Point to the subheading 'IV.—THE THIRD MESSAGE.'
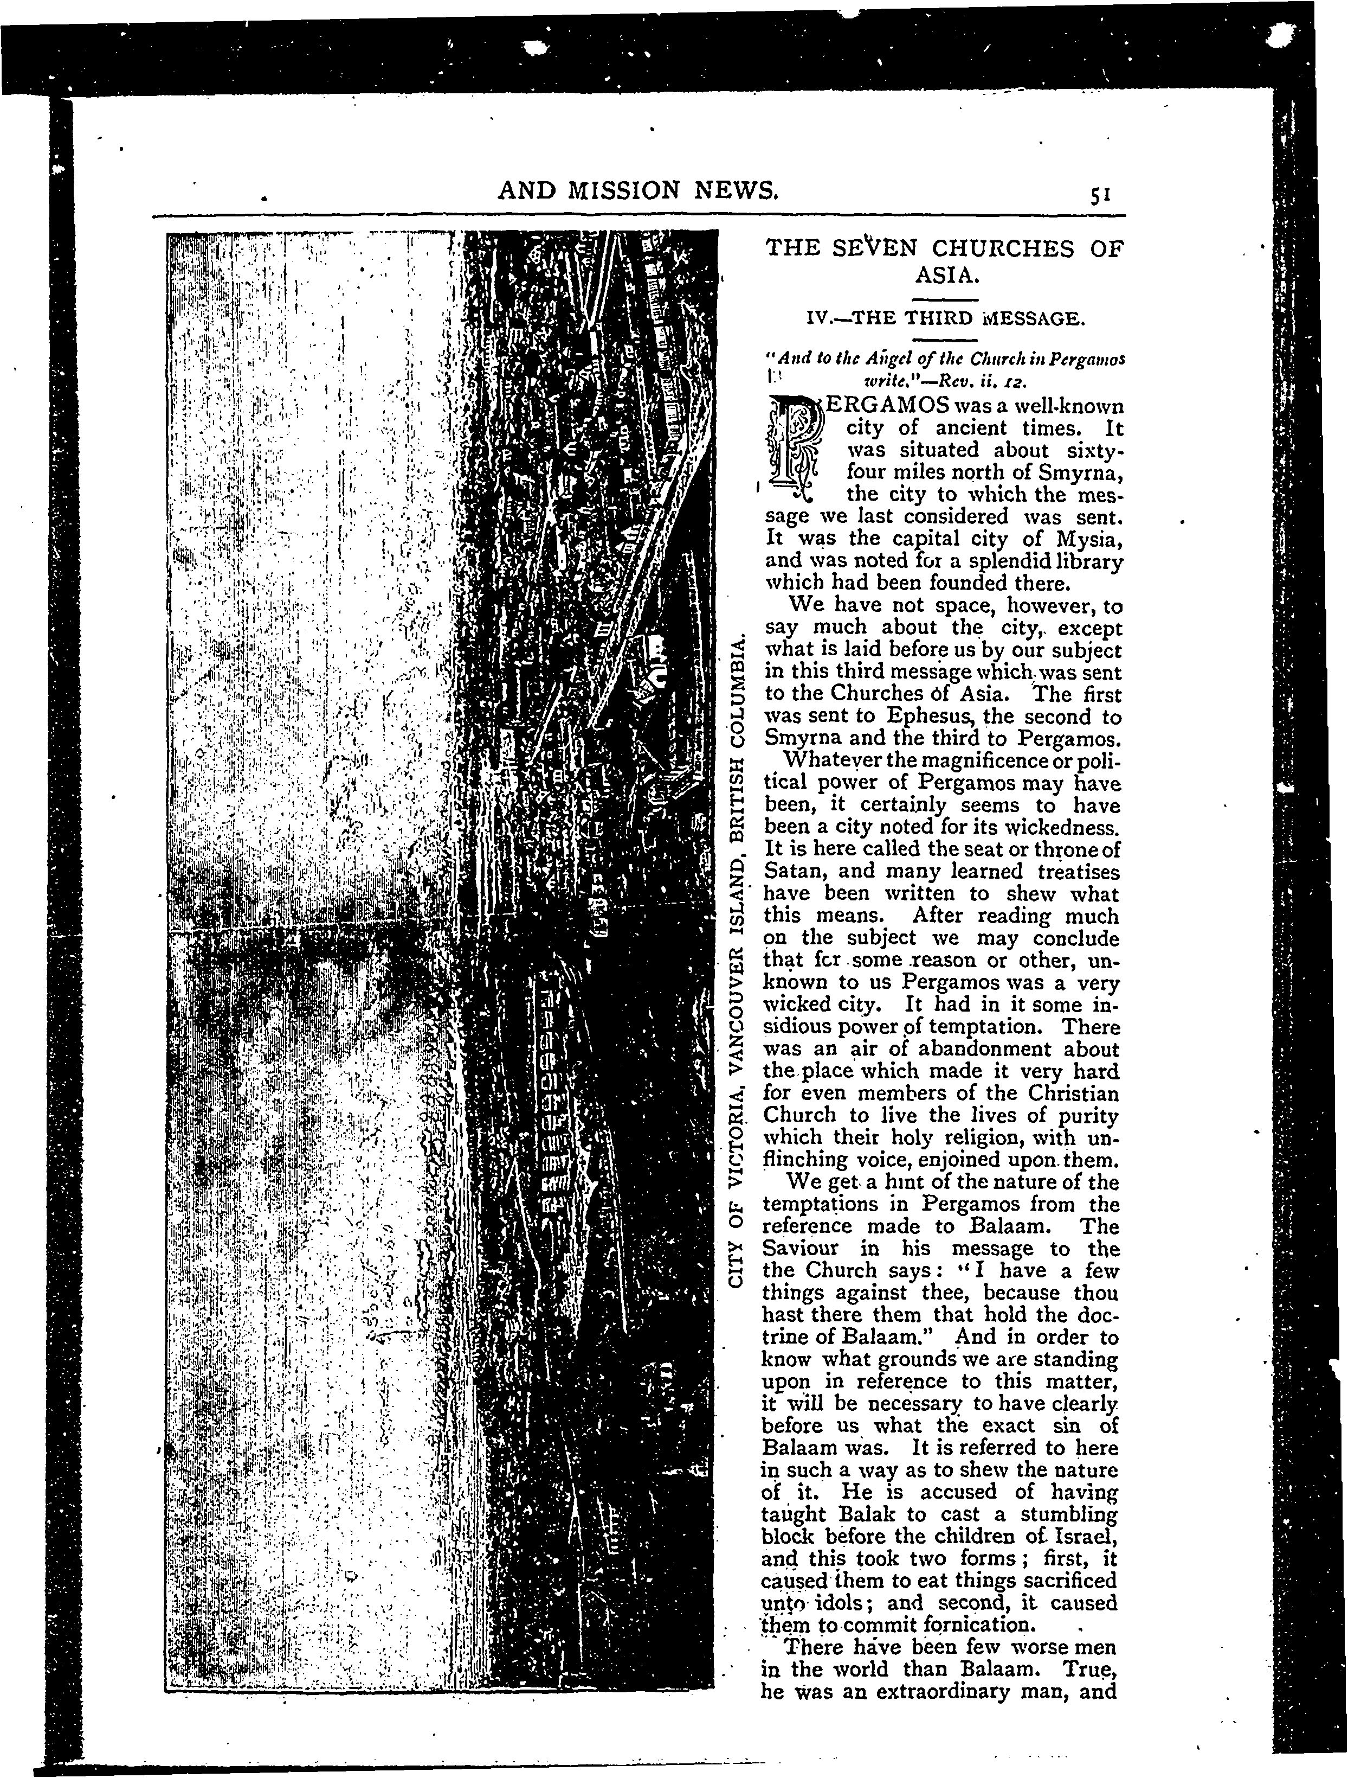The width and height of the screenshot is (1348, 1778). [x=945, y=319]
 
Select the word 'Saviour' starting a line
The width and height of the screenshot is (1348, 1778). [x=800, y=1248]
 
